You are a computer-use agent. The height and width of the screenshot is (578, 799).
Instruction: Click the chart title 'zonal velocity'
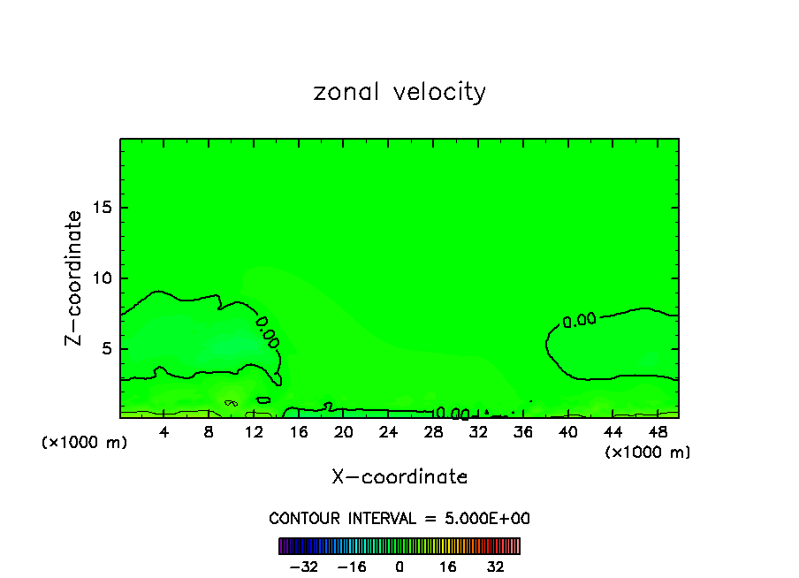[399, 92]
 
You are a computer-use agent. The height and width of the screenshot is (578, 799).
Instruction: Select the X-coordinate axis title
[399, 477]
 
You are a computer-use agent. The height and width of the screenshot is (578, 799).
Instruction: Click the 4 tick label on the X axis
[164, 431]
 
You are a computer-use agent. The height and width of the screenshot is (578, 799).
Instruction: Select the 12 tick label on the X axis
[254, 431]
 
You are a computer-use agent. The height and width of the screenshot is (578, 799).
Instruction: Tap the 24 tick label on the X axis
[388, 431]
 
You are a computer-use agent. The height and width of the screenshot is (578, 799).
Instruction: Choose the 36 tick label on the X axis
[522, 431]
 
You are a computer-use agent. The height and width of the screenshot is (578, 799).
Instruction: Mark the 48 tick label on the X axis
[657, 431]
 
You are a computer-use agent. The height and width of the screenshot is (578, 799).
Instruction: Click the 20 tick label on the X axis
[343, 431]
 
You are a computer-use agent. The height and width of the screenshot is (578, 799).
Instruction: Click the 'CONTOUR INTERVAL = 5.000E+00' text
[399, 518]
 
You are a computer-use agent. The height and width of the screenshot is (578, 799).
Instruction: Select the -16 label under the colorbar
[352, 567]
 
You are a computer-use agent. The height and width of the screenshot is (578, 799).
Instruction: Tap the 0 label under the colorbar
[399, 567]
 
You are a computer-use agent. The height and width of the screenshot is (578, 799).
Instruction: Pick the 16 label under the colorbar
[447, 567]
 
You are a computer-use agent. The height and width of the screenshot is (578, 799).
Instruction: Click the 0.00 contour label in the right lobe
[579, 321]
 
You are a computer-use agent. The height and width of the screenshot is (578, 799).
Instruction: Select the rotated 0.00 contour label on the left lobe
[268, 331]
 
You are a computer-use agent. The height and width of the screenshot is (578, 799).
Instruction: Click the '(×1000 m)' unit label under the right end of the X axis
[648, 453]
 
